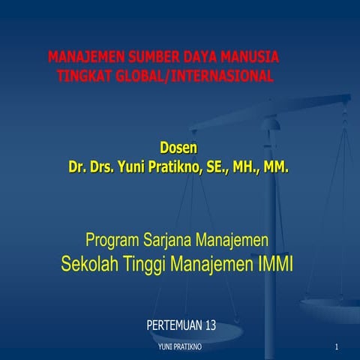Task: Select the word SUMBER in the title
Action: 148,58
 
